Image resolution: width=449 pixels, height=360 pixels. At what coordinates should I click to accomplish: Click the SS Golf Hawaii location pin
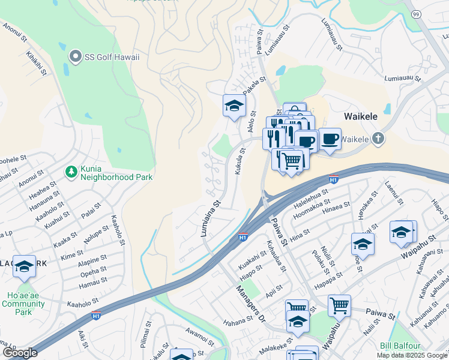(75, 57)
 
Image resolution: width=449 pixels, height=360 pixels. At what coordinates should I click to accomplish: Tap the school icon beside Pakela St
(234, 106)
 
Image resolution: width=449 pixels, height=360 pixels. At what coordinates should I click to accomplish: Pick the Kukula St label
(239, 162)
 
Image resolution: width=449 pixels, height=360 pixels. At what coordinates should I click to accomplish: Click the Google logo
(19, 353)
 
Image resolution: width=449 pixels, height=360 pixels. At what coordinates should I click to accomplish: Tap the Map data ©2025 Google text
(412, 355)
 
